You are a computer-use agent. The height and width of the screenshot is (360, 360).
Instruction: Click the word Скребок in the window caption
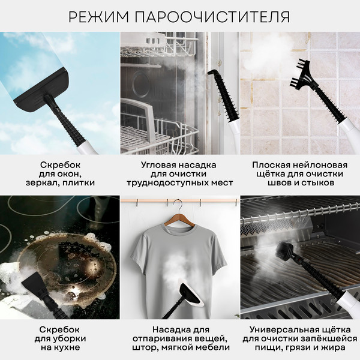pos(59,164)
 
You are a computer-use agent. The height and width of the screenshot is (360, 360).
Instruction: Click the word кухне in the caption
pos(59,348)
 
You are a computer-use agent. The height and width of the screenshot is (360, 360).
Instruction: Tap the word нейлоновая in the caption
pos(325,164)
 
